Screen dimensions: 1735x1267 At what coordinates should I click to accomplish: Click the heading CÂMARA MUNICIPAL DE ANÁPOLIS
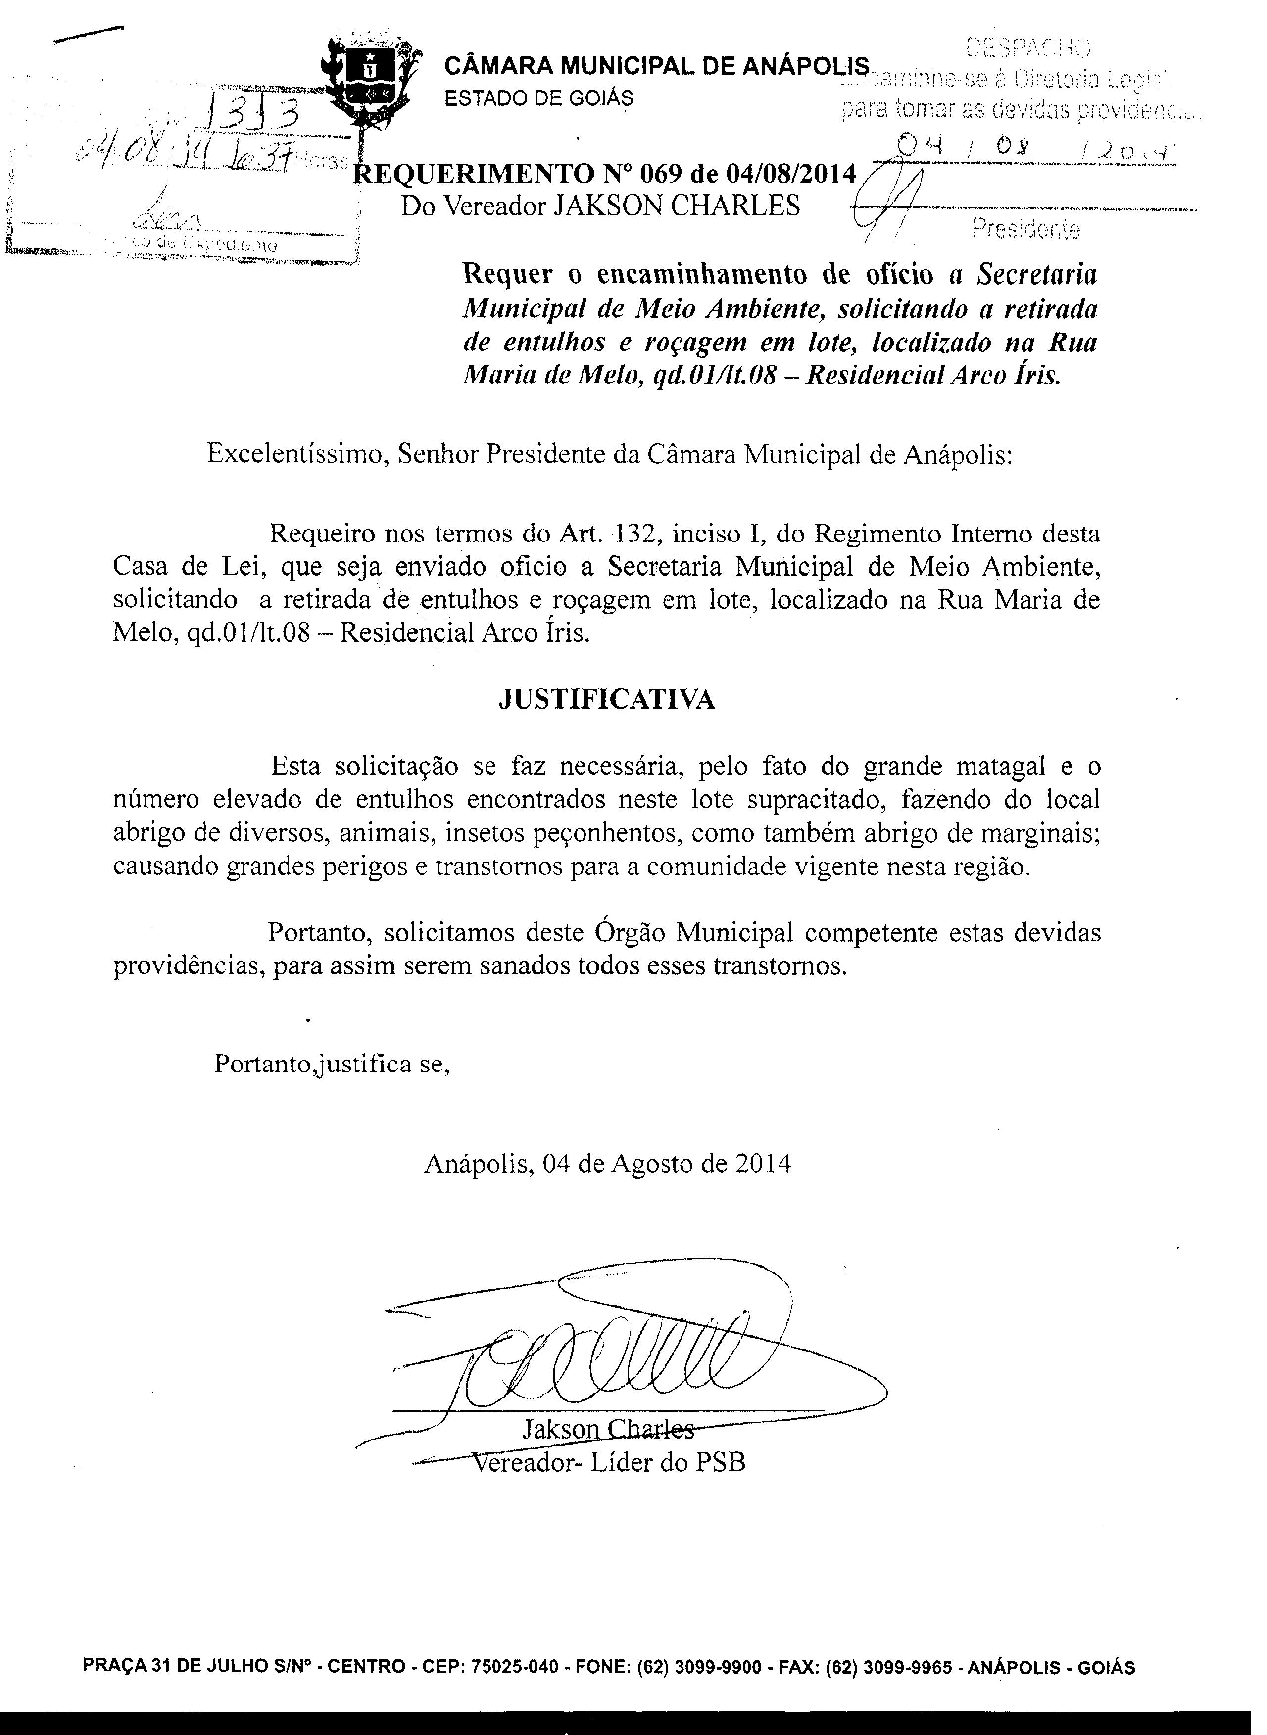click(657, 67)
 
